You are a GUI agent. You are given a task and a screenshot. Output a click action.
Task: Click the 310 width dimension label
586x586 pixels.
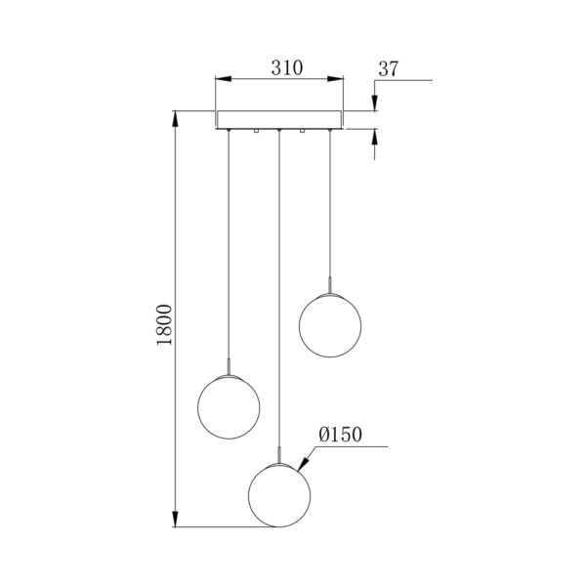[286, 68]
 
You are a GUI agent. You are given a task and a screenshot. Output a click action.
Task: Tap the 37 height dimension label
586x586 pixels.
[389, 68]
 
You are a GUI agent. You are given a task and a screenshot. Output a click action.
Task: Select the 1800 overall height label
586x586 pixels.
[164, 324]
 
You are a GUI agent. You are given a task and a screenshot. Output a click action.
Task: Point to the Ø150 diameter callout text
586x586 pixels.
[340, 435]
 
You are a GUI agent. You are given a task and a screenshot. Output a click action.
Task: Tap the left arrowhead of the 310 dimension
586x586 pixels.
[224, 79]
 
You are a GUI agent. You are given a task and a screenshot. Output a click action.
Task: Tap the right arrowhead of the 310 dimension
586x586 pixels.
[335, 79]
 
